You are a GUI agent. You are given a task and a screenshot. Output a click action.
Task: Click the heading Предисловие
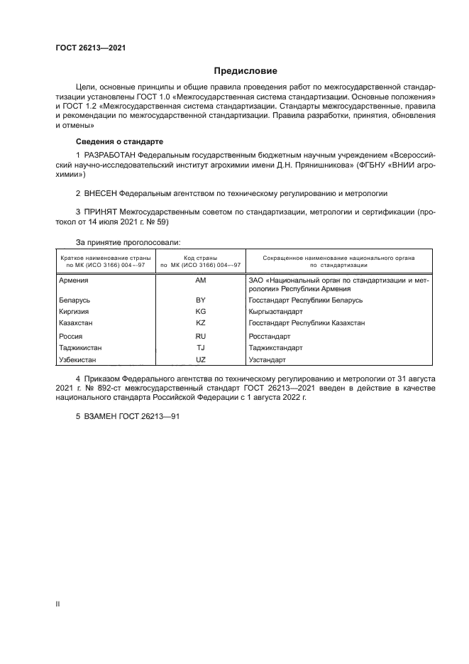(x=245, y=71)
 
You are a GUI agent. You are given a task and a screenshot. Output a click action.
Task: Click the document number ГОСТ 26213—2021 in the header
(x=91, y=48)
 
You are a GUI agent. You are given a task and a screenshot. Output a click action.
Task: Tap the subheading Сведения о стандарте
(x=119, y=142)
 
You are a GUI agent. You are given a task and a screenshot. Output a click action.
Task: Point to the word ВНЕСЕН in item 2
(x=100, y=192)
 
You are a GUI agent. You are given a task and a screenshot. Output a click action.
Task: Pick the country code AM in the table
(x=200, y=281)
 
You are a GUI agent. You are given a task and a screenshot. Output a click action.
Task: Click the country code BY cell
(x=200, y=300)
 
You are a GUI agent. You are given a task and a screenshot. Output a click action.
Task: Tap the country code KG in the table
(x=200, y=312)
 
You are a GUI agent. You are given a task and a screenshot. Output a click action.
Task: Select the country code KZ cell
(x=200, y=323)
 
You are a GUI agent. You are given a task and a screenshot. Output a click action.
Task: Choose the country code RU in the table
(x=200, y=337)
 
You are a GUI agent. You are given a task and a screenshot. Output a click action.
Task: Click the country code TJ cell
(x=200, y=348)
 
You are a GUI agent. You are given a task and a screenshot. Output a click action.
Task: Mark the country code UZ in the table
(x=200, y=360)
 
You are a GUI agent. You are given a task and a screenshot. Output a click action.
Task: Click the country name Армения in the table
(x=74, y=281)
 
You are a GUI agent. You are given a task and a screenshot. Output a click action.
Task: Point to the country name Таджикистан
(x=82, y=348)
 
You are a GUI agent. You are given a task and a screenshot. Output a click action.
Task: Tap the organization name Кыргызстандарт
(x=276, y=312)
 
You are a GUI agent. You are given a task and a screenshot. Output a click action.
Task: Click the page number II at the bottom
(x=58, y=603)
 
